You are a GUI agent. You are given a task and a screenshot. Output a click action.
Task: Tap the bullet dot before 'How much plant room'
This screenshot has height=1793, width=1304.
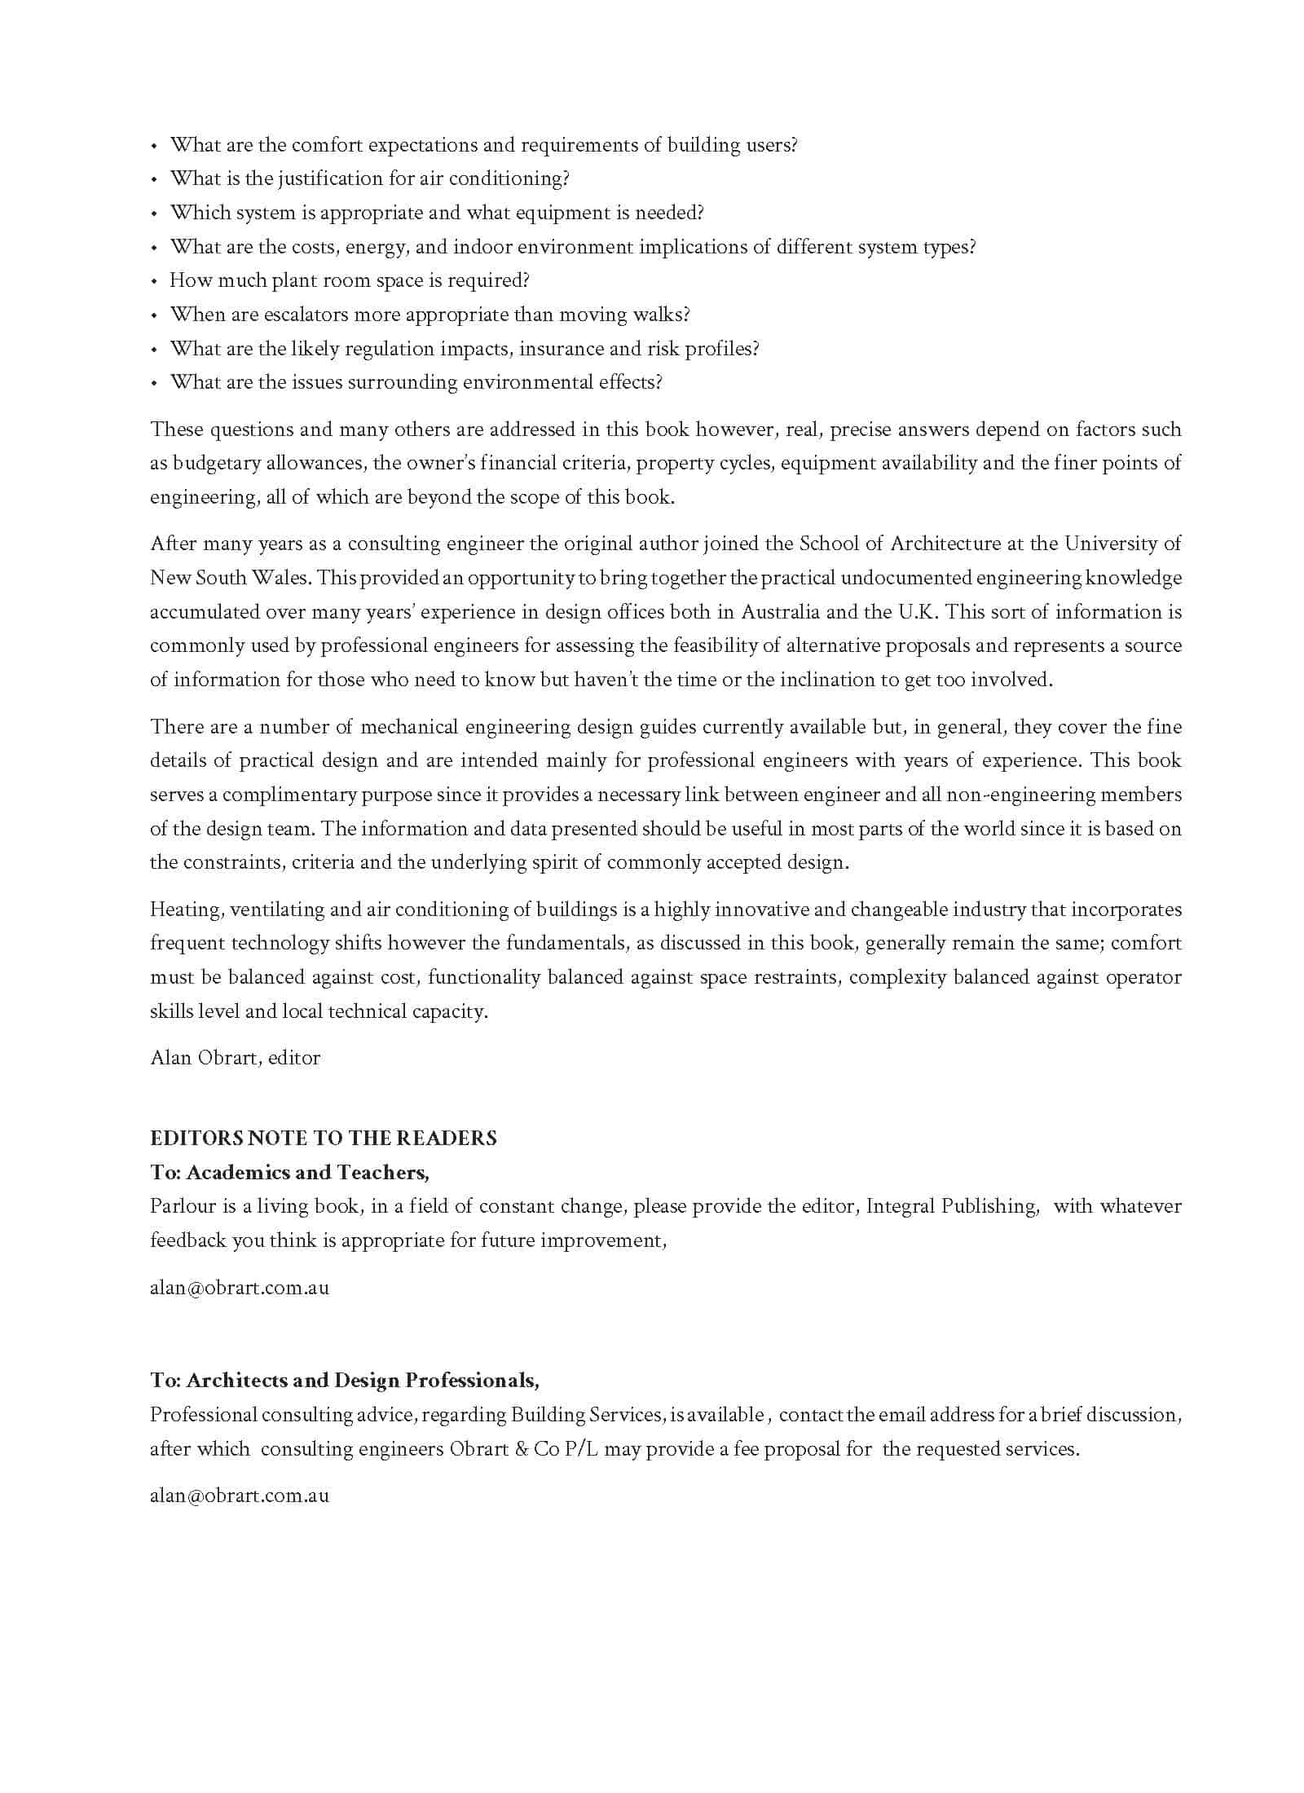coord(153,282)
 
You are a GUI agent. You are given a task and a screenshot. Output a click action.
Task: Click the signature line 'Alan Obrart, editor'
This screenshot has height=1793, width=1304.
coord(236,1058)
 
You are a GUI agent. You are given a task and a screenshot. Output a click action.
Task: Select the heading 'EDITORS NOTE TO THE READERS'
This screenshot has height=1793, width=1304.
coord(324,1138)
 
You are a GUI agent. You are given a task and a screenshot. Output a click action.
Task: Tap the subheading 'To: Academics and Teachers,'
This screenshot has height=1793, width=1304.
coord(290,1172)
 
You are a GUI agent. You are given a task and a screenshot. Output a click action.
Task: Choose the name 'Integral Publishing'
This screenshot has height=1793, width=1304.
coord(952,1206)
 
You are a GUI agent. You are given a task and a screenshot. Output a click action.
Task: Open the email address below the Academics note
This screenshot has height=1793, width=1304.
coord(240,1289)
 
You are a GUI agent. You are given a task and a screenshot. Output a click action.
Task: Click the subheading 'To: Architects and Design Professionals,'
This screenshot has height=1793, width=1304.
coord(345,1380)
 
